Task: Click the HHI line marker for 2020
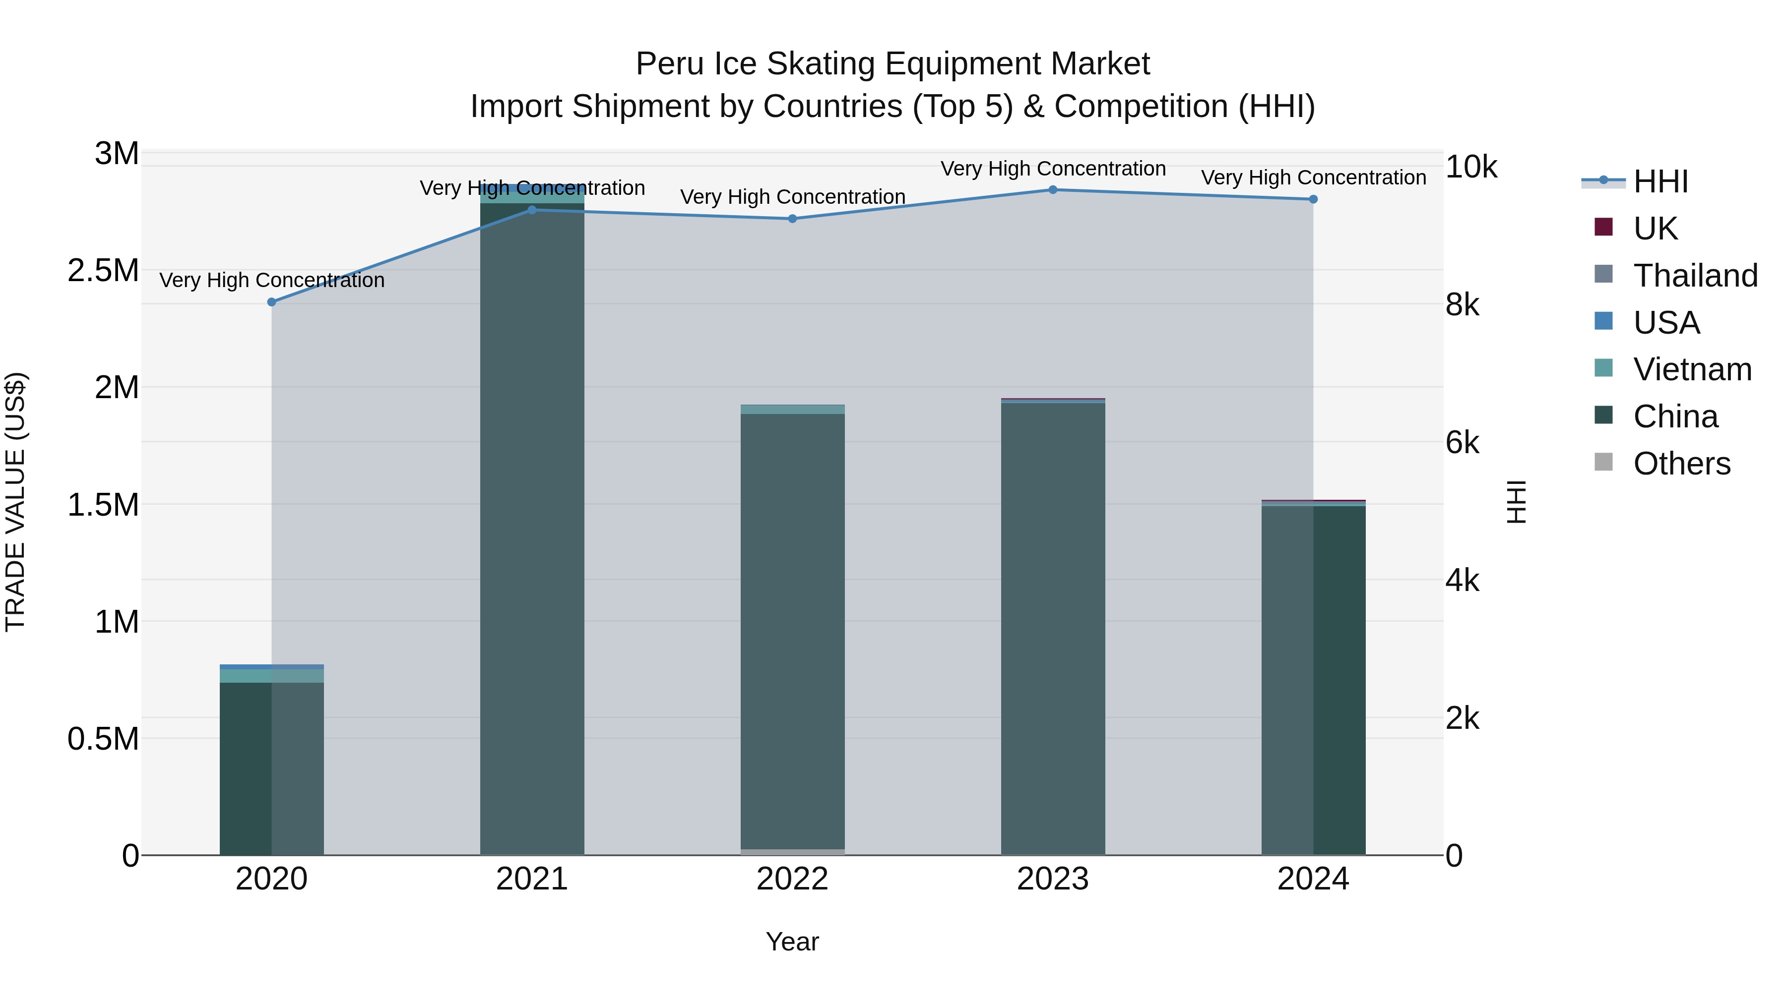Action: [x=272, y=302]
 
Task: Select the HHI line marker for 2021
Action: [x=532, y=210]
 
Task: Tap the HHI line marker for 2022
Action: [x=792, y=219]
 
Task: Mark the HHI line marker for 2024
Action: [x=1313, y=199]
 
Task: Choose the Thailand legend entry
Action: [x=1695, y=276]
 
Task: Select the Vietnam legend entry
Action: [x=1692, y=369]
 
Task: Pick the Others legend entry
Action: [x=1681, y=464]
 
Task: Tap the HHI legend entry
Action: [x=1660, y=181]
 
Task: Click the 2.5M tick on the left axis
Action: [x=103, y=270]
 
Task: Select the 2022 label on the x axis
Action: [x=792, y=879]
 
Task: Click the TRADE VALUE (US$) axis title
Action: [x=15, y=502]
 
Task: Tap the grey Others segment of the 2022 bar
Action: [x=792, y=852]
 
